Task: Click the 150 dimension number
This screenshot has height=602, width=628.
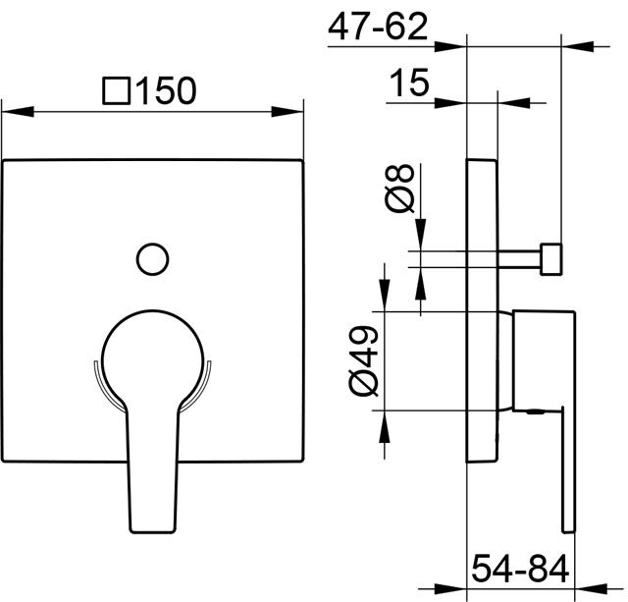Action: point(167,90)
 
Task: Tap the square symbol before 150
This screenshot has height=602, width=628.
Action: point(116,90)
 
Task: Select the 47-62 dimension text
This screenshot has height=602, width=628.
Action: point(378,27)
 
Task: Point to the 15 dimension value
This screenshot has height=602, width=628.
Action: point(409,82)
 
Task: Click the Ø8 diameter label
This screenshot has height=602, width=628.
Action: point(399,189)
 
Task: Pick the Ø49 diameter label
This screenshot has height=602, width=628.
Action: point(363,360)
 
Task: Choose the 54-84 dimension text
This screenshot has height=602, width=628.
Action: point(520,569)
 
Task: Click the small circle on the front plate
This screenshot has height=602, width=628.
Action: point(153,259)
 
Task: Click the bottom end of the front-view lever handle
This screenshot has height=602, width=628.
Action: point(153,532)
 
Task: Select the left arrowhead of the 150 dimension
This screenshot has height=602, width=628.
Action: point(18,112)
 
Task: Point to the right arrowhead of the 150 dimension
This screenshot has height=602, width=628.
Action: point(288,112)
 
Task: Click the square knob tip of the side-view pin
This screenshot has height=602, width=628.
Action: point(551,259)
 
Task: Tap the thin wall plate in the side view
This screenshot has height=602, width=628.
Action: point(482,311)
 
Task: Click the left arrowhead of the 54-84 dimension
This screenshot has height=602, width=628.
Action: point(450,589)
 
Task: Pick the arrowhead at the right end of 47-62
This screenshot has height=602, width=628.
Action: point(578,46)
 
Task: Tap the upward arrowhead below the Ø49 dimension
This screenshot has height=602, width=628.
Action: point(385,426)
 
